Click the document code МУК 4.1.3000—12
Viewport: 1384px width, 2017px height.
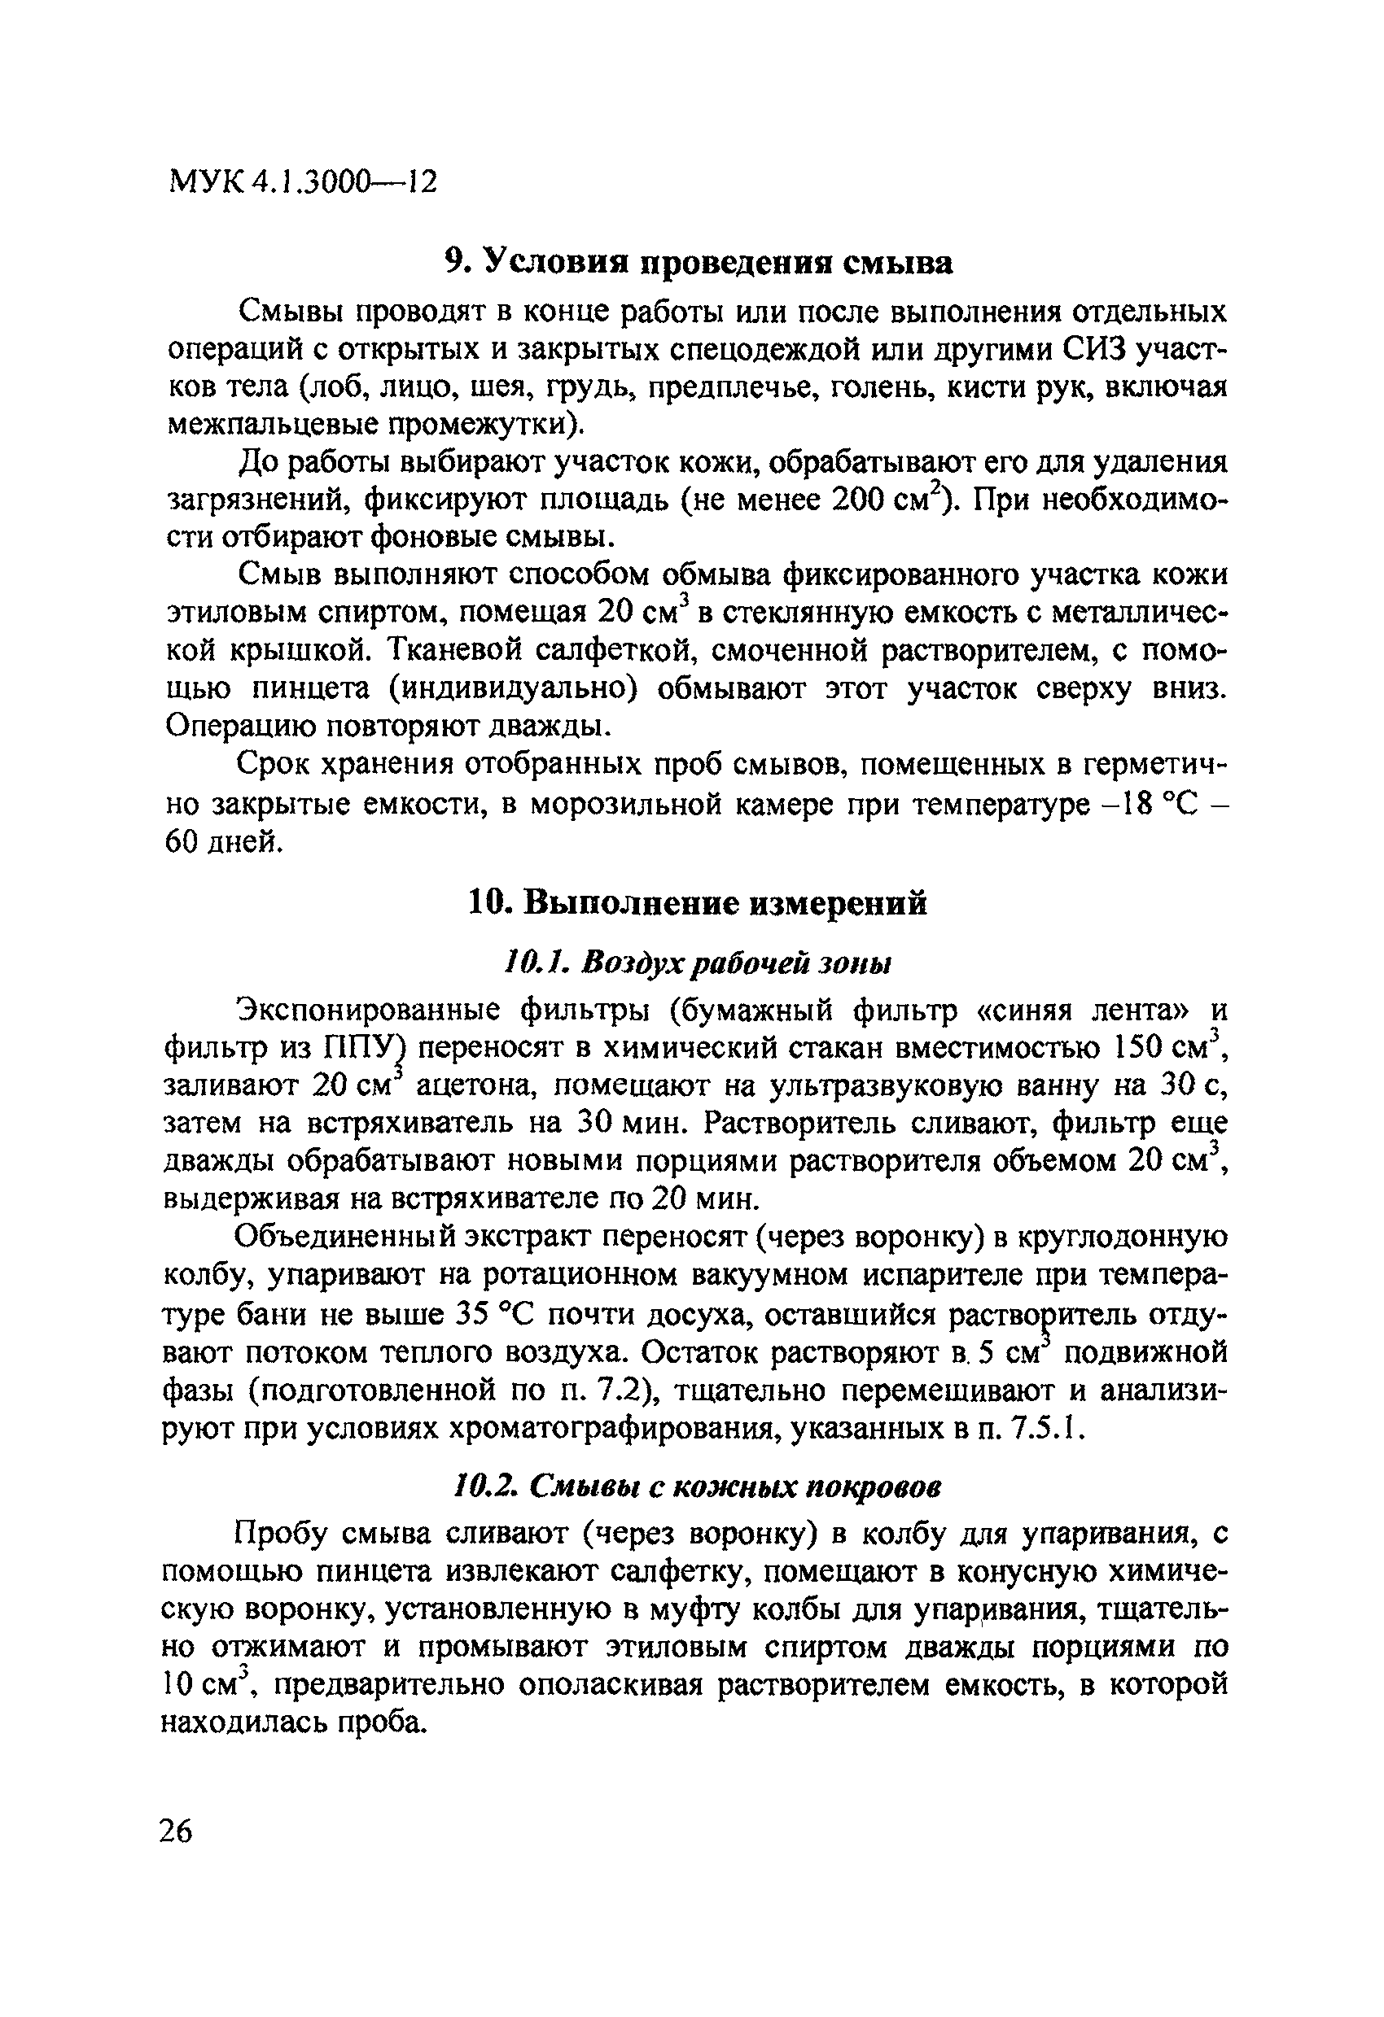coord(302,181)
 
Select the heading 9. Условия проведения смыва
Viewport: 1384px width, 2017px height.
coord(698,260)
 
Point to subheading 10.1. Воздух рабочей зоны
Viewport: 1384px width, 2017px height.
coord(697,963)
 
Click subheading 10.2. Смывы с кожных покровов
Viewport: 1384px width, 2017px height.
coord(697,1487)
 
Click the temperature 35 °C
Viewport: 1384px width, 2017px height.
coord(491,1315)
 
